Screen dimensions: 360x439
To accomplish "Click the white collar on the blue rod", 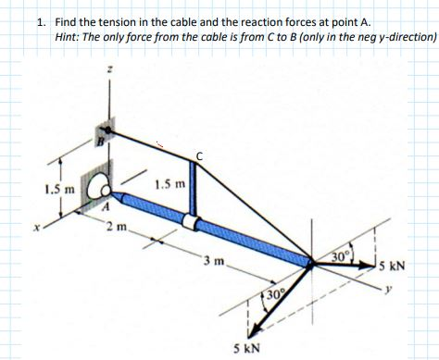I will click(x=191, y=222).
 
